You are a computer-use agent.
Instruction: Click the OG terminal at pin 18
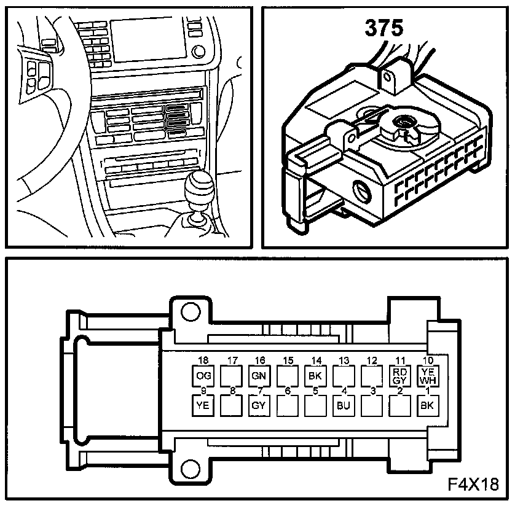[203, 376]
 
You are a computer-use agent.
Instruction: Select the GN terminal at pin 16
[259, 376]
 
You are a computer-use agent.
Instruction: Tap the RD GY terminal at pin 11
[400, 376]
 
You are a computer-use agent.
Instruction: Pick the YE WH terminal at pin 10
[428, 376]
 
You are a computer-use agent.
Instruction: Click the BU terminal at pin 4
[344, 405]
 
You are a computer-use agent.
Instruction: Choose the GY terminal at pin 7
[259, 405]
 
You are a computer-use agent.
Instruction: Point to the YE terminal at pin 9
[203, 405]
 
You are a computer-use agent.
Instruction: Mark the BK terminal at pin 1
[428, 405]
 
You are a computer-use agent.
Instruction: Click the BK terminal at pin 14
[316, 376]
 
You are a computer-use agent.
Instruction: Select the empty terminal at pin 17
[231, 376]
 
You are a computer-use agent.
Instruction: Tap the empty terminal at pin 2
[400, 405]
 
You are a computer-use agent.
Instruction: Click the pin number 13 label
[344, 360]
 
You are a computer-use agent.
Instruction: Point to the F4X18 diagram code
[473, 485]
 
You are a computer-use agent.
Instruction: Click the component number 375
[384, 28]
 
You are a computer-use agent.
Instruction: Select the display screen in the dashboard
[148, 41]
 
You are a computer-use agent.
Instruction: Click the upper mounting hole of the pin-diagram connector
[191, 312]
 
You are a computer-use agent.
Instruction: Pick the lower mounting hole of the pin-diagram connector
[191, 469]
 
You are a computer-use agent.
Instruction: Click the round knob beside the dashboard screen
[198, 52]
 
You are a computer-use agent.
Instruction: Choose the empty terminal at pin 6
[288, 405]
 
